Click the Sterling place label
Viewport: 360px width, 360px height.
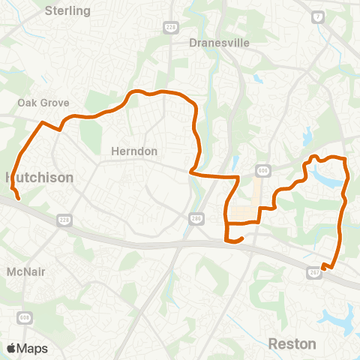(x=67, y=11)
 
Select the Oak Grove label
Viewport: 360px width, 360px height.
(x=43, y=103)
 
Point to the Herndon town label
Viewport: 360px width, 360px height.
(x=134, y=151)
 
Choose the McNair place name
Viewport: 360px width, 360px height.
(x=26, y=271)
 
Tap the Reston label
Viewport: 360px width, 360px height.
(x=292, y=343)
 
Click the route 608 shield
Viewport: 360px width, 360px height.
(x=25, y=319)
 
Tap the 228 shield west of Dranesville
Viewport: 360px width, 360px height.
(x=170, y=27)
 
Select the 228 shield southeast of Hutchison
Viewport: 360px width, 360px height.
(x=64, y=219)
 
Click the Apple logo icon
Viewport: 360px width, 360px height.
(x=11, y=348)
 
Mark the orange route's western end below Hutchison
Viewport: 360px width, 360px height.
(x=18, y=200)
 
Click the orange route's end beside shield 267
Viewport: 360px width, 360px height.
(x=322, y=267)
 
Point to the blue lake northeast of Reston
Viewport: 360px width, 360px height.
(x=344, y=321)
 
